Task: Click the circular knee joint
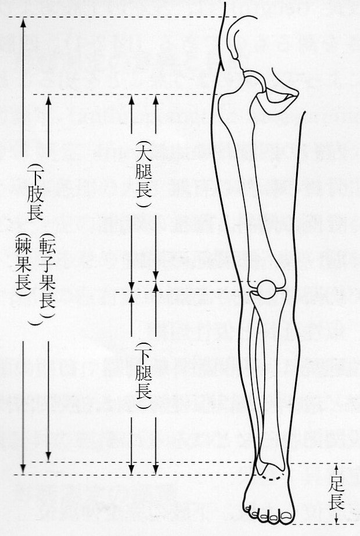(x=268, y=289)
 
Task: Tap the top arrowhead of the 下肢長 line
(x=23, y=22)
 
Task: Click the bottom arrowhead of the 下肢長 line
(x=23, y=469)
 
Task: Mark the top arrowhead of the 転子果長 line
(x=48, y=100)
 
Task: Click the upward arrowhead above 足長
(x=337, y=466)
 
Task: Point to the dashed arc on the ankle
(x=273, y=478)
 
